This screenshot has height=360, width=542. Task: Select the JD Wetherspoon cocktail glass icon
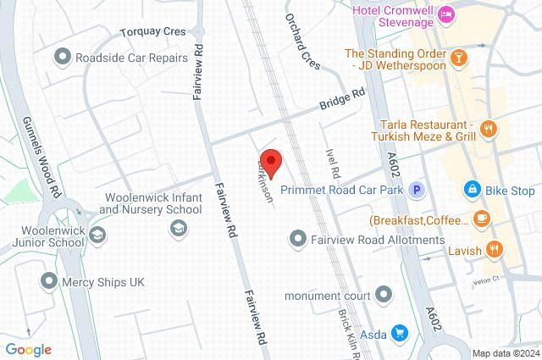click(x=458, y=58)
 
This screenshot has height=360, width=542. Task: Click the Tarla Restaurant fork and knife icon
click(x=488, y=129)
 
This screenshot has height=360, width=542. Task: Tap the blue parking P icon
click(x=417, y=190)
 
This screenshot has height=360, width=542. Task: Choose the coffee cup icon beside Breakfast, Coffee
click(x=482, y=219)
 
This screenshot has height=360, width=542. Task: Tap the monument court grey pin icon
click(x=384, y=295)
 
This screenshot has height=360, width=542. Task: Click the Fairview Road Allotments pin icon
click(x=297, y=240)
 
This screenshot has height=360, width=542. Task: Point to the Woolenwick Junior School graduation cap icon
click(x=98, y=233)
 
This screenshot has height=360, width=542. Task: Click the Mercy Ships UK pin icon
click(x=47, y=280)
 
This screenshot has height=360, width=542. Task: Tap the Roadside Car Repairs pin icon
click(x=62, y=58)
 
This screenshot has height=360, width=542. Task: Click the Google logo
click(x=29, y=349)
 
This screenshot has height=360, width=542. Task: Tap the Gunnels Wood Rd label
click(x=41, y=157)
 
